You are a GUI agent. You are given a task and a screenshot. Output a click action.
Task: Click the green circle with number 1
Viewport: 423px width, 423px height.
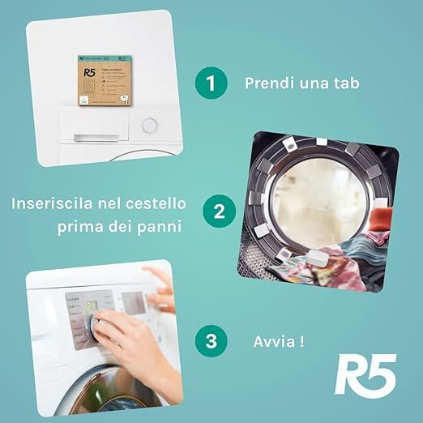210,83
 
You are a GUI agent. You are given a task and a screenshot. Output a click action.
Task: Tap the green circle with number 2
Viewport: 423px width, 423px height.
219,213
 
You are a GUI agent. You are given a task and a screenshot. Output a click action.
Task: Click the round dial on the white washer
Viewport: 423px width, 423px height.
149,126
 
